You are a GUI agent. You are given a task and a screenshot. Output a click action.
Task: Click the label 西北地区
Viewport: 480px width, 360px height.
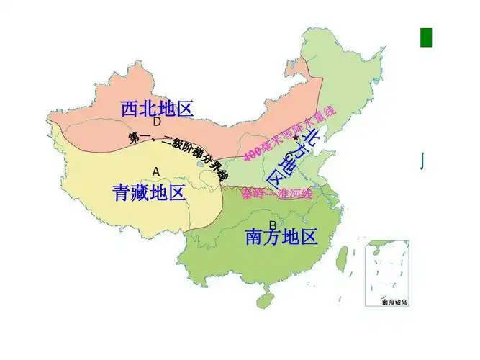click(158, 109)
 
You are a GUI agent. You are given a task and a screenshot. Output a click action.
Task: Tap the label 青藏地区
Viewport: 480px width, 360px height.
click(149, 192)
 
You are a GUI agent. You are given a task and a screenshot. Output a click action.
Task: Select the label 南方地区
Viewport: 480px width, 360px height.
click(281, 236)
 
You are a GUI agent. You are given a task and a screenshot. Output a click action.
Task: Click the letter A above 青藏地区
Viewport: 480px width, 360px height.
click(155, 171)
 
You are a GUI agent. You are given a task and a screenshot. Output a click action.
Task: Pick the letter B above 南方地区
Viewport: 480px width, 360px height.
click(273, 225)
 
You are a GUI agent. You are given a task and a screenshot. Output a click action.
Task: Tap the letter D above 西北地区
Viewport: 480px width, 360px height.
click(156, 122)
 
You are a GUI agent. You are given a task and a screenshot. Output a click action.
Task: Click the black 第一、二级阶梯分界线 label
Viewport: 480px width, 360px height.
click(178, 156)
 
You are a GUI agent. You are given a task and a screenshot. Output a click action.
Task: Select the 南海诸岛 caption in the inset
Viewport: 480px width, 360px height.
click(394, 302)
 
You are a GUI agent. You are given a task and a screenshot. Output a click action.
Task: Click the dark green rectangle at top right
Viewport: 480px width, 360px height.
click(426, 37)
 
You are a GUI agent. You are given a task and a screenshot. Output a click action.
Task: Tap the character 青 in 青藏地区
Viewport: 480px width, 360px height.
click(122, 192)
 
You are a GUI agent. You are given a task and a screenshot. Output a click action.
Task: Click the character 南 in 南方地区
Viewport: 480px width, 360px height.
click(254, 236)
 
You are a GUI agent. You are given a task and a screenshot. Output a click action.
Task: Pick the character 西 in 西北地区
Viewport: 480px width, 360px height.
click(130, 109)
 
